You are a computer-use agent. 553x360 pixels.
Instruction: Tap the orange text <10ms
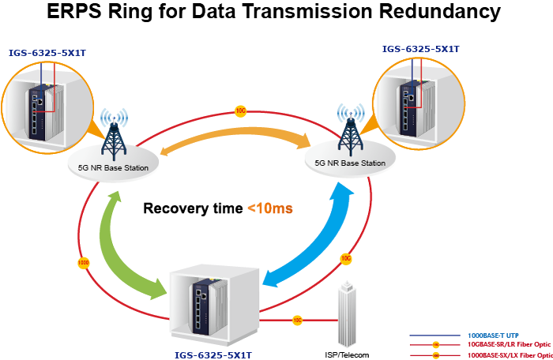270,209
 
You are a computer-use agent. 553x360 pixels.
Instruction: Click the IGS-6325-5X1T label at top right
420,48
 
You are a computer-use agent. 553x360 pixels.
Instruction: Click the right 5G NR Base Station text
350,163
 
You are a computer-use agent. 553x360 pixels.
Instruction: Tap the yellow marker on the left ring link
83,261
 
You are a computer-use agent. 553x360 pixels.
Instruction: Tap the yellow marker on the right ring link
344,258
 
